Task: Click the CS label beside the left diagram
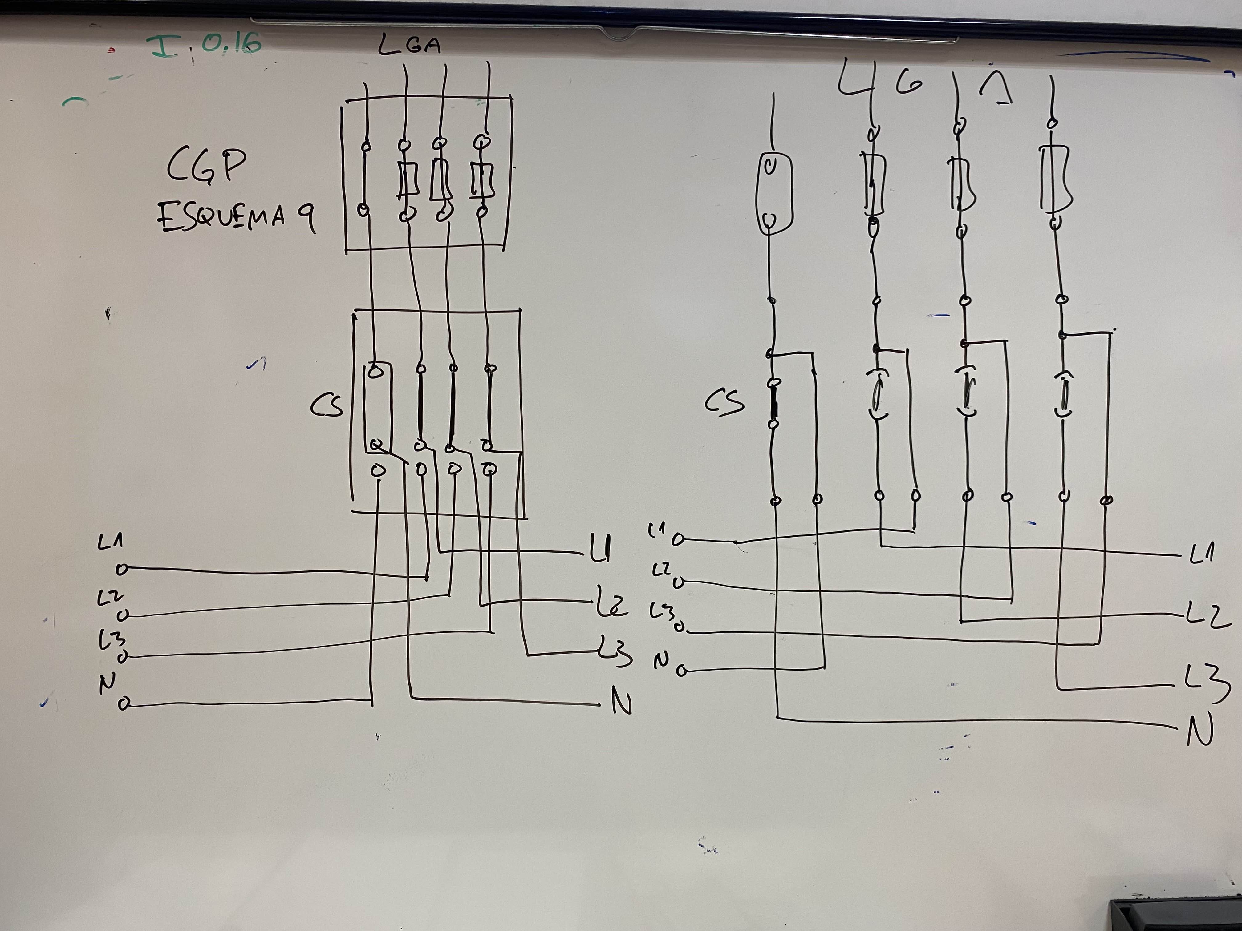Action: click(327, 405)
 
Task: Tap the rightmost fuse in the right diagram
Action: click(1056, 179)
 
